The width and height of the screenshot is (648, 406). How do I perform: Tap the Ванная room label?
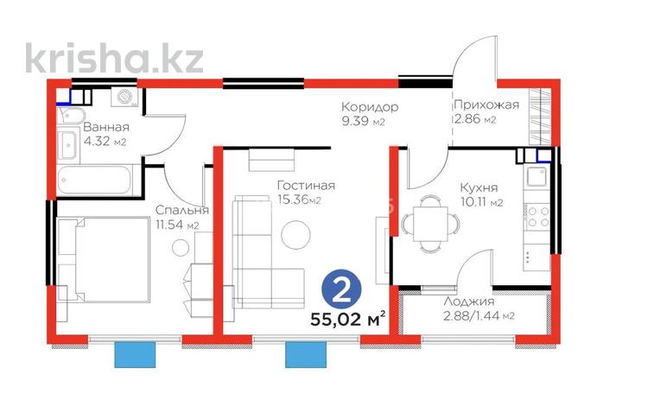pos(106,129)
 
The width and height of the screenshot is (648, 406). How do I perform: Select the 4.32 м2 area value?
pos(105,143)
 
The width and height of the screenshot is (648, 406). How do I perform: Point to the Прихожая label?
pos(486,105)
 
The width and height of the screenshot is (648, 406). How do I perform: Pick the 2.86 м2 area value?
pos(475,119)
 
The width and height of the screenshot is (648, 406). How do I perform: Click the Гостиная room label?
pos(306,185)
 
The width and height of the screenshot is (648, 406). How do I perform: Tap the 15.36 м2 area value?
pos(299,200)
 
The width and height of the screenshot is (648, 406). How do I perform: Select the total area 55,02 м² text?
pos(347,318)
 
